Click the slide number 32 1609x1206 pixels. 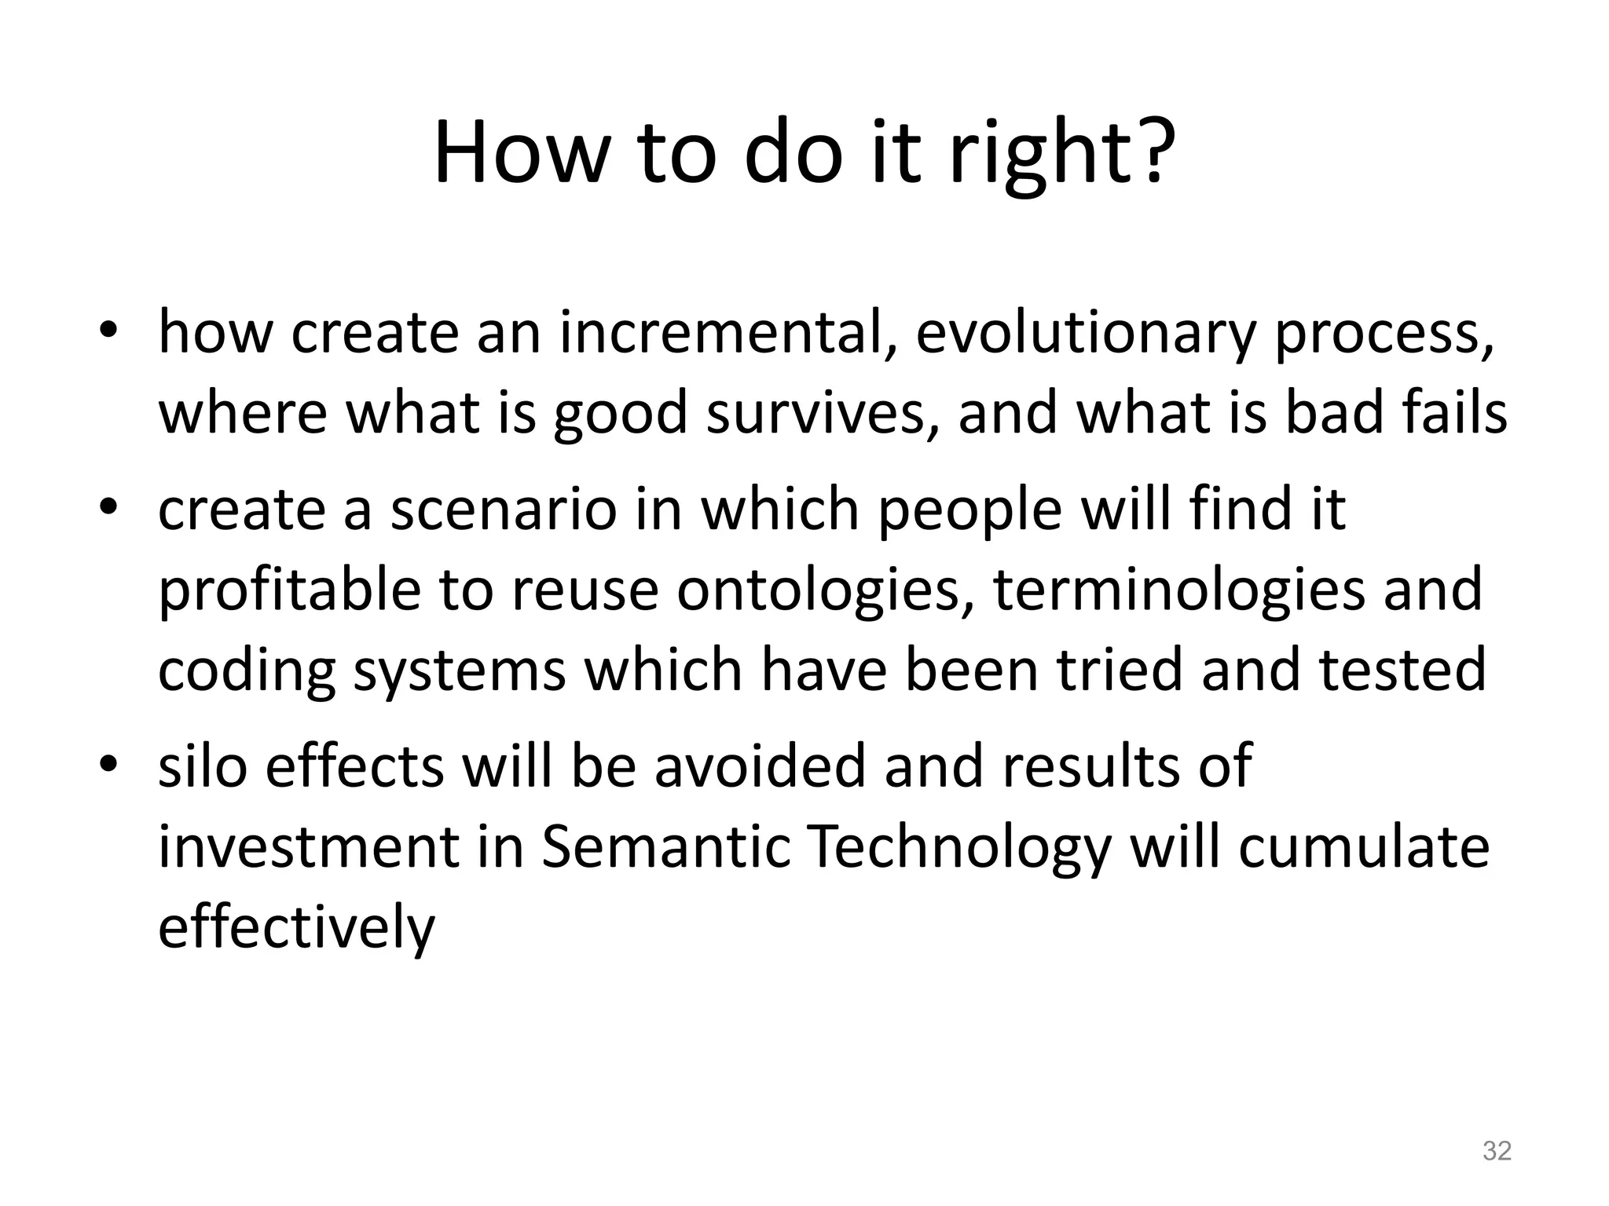(1497, 1151)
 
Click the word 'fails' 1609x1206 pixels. (1454, 413)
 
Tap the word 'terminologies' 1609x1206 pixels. (1179, 590)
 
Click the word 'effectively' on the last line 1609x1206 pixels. (296, 926)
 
